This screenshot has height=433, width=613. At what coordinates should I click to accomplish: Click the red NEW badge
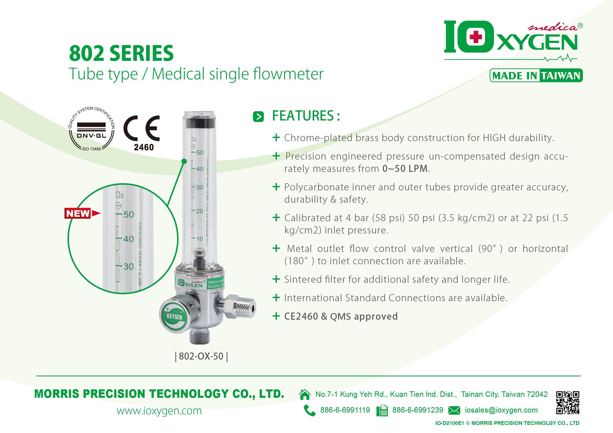(78, 213)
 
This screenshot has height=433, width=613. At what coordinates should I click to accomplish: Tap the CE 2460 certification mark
(142, 133)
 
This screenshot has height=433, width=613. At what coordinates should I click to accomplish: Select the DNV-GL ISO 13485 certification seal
(92, 129)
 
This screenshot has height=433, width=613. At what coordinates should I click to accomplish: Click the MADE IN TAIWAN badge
(536, 76)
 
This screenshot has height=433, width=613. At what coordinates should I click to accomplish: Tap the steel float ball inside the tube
(199, 252)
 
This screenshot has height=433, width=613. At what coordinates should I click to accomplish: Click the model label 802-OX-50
(201, 356)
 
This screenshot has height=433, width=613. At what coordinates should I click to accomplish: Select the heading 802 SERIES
(121, 53)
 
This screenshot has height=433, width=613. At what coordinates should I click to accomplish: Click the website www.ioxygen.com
(159, 411)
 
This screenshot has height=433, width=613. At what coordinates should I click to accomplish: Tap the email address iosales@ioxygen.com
(501, 410)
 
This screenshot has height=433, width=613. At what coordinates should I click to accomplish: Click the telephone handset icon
(309, 410)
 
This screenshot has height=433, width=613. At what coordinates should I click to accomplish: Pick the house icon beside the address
(305, 394)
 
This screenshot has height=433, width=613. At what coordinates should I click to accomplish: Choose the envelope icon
(454, 410)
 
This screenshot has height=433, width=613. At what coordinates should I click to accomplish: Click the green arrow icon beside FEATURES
(258, 117)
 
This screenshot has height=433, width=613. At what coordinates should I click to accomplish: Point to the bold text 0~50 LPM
(405, 169)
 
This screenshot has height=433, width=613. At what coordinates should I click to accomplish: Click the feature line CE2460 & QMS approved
(341, 316)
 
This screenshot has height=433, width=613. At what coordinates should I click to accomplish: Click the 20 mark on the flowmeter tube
(199, 211)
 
